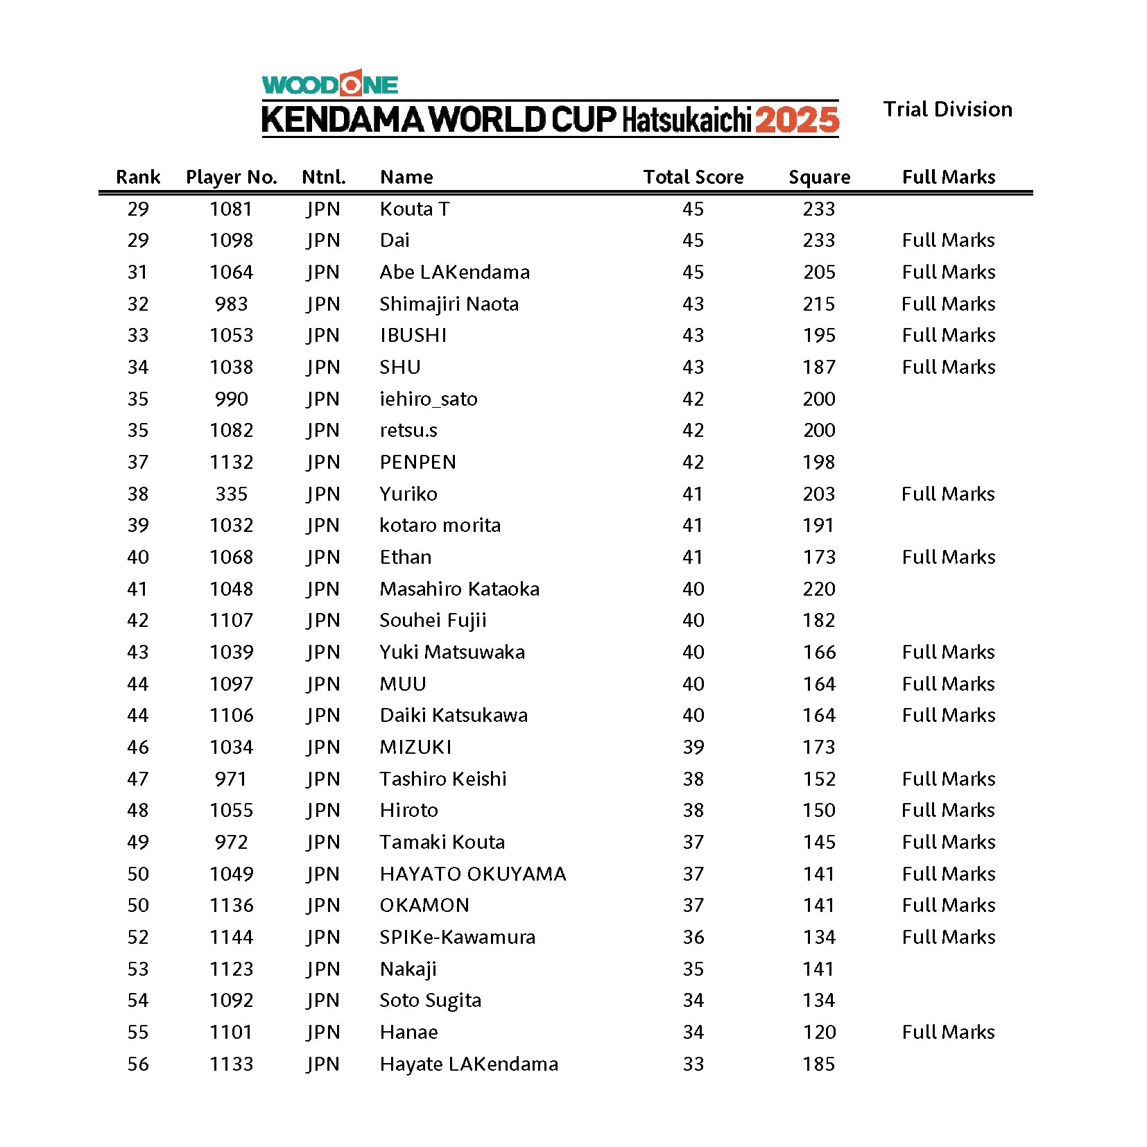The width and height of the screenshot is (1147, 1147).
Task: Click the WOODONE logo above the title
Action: pyautogui.click(x=329, y=84)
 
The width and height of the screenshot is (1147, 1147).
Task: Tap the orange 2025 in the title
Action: pyautogui.click(x=797, y=120)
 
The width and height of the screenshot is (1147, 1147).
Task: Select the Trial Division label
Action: pyautogui.click(x=947, y=110)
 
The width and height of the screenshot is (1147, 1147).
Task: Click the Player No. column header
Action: pyautogui.click(x=232, y=178)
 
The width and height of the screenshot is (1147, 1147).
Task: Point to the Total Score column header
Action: pyautogui.click(x=693, y=178)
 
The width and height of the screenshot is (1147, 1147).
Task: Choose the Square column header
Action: pyautogui.click(x=819, y=178)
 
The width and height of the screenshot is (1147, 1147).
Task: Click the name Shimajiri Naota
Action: pyautogui.click(x=449, y=304)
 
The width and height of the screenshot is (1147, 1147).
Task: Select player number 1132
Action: pyautogui.click(x=232, y=462)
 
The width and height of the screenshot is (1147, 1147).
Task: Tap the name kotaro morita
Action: pyautogui.click(x=440, y=525)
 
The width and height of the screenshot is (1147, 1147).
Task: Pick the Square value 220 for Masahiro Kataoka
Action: pyautogui.click(x=819, y=589)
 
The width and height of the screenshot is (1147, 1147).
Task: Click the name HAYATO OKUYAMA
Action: pyautogui.click(x=473, y=874)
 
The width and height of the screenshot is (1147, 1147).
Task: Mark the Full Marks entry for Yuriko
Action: pyautogui.click(x=948, y=494)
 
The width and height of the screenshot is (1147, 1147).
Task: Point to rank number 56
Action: pyautogui.click(x=138, y=1064)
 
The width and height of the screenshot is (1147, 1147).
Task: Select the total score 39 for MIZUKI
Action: pyautogui.click(x=693, y=747)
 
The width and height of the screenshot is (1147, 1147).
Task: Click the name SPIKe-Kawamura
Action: pyautogui.click(x=457, y=937)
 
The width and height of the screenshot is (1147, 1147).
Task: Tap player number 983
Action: pyautogui.click(x=232, y=304)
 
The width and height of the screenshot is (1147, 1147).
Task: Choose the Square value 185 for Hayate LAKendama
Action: pyautogui.click(x=819, y=1064)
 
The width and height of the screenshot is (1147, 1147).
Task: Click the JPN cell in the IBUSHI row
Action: pyautogui.click(x=323, y=335)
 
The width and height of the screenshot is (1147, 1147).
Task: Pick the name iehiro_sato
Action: pyautogui.click(x=429, y=399)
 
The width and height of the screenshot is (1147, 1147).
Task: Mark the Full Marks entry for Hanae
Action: pyautogui.click(x=948, y=1032)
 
